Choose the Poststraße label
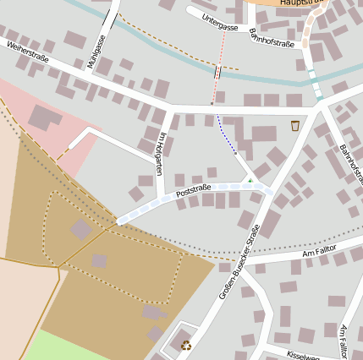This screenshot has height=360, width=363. [193, 194]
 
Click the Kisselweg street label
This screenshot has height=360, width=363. [302, 354]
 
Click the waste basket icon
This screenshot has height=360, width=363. [294, 126]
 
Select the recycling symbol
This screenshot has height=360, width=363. [185, 344]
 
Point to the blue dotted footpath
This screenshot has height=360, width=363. [227, 136]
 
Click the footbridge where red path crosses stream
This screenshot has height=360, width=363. [217, 73]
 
